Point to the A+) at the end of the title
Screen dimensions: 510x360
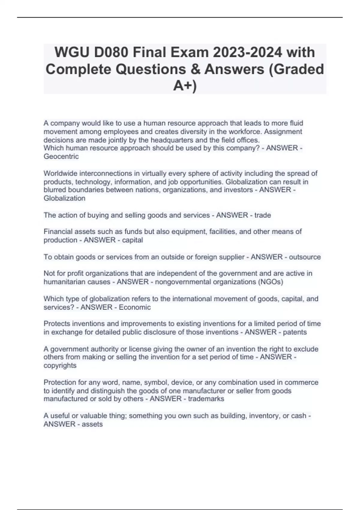185,86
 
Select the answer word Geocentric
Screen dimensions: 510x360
61,156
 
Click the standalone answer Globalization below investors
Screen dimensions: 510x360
64,198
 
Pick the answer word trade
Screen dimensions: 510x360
262,215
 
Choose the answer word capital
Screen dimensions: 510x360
132,240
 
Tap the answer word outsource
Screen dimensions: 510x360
305,257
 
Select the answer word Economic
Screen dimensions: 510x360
135,307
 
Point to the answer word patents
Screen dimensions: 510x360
295,332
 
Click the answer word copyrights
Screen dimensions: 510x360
60,365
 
